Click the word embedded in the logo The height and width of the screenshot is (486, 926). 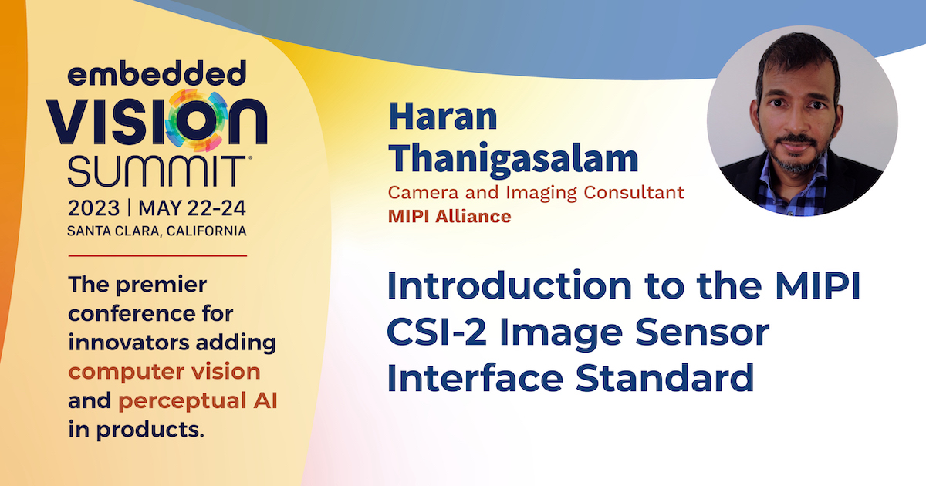(157, 73)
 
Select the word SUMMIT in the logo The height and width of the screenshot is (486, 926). (157, 171)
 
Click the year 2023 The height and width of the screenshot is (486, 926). (94, 208)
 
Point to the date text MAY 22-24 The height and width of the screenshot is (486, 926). (192, 208)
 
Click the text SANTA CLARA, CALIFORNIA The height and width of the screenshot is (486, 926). (157, 231)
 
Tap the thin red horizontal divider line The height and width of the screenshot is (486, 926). (157, 256)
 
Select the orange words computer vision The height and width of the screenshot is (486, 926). (164, 372)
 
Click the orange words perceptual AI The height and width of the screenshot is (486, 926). (198, 401)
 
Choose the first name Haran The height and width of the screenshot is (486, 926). (443, 116)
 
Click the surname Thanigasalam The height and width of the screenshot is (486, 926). (513, 160)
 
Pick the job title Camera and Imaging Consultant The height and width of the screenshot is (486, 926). (536, 193)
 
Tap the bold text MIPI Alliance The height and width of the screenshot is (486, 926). (449, 217)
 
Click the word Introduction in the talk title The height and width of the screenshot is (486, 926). (509, 285)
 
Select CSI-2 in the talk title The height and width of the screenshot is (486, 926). (437, 332)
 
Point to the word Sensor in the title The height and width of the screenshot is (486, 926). (702, 332)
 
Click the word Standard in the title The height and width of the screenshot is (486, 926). (665, 377)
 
